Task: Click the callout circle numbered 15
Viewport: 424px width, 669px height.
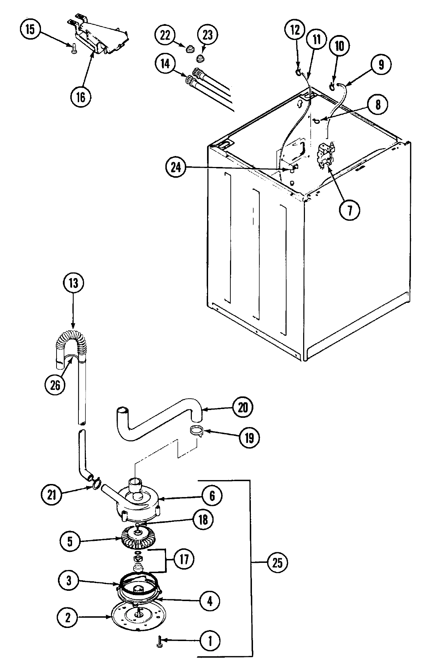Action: coord(30,30)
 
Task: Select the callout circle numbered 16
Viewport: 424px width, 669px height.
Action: coord(81,97)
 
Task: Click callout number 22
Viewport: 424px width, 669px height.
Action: coord(165,35)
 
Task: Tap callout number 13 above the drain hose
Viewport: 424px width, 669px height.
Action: coord(73,283)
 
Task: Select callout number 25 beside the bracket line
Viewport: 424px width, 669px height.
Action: coord(277,563)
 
